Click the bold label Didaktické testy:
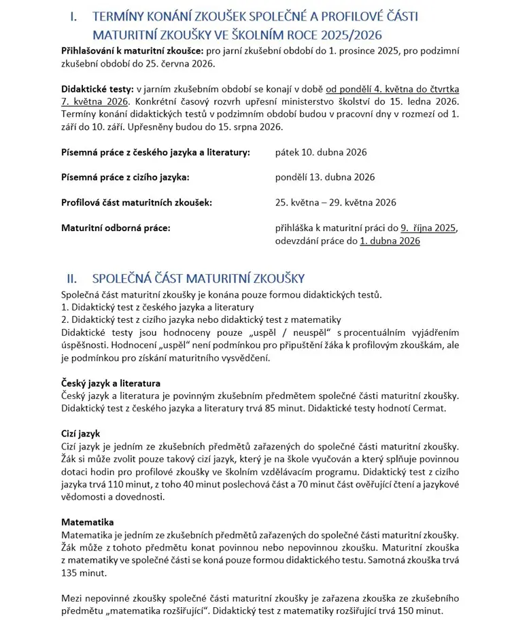(x=97, y=89)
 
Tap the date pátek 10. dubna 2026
(x=321, y=152)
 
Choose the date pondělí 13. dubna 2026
(x=325, y=177)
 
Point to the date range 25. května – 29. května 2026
(x=336, y=202)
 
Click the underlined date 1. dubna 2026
(x=390, y=241)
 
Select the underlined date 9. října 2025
(x=429, y=228)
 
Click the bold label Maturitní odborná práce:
(x=116, y=228)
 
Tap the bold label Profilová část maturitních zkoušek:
(x=136, y=202)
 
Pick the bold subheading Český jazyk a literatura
(x=111, y=383)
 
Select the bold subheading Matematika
(x=87, y=522)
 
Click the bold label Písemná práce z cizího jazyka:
(x=125, y=177)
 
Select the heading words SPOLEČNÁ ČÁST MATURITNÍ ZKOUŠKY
(x=198, y=278)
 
